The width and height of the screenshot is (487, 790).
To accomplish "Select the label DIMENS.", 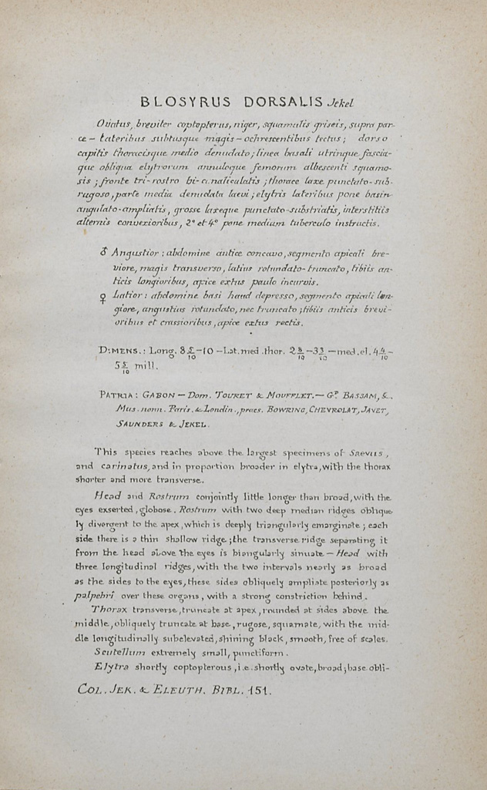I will pyautogui.click(x=117, y=351).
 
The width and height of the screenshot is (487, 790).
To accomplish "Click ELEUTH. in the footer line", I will pyautogui.click(x=174, y=691).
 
